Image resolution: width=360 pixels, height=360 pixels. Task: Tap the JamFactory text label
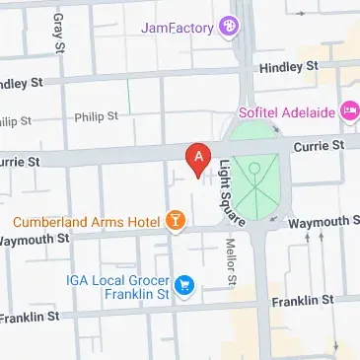pos(178,28)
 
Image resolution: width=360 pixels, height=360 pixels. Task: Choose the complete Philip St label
pos(96,116)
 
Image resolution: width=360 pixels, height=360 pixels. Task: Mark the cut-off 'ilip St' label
pos(16,121)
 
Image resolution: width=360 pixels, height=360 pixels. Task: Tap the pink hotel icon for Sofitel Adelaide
pos(349,112)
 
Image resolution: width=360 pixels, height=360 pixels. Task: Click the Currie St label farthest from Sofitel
pos(20,160)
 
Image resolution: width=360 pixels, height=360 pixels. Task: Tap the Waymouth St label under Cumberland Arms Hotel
pos(36,238)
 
